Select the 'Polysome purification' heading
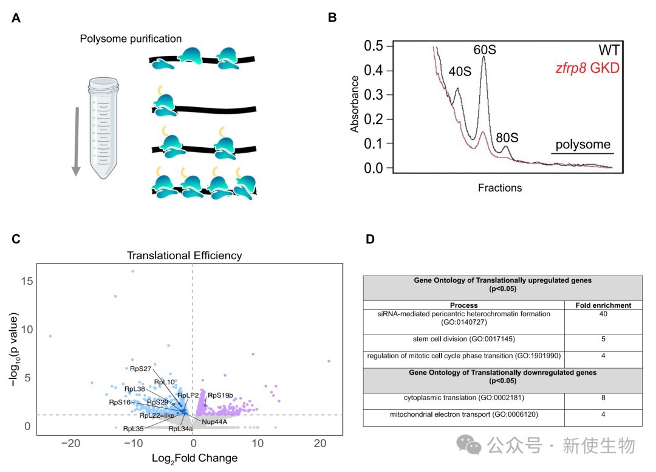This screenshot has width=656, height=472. click(131, 39)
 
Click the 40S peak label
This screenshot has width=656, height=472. click(460, 72)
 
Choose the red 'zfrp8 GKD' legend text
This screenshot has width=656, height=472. click(587, 68)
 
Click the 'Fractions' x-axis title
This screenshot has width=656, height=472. click(500, 188)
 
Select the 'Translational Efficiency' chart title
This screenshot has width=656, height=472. click(184, 255)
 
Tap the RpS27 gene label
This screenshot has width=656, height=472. click(140, 368)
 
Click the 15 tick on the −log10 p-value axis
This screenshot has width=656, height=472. click(25, 281)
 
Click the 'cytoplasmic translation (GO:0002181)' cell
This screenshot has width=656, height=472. click(463, 398)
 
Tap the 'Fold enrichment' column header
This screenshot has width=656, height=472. click(603, 305)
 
